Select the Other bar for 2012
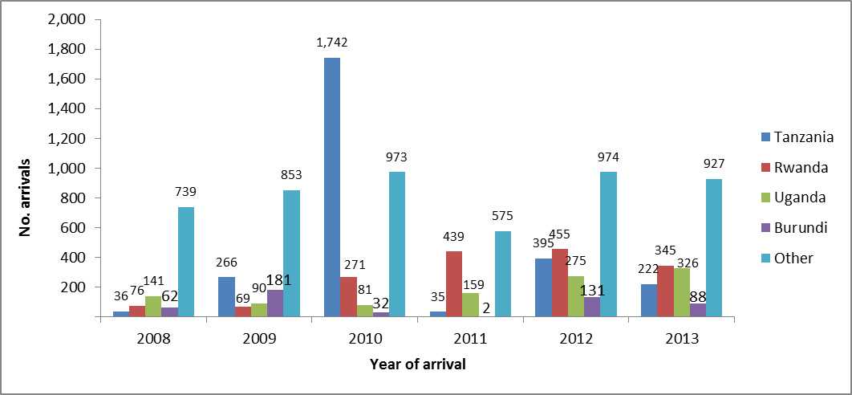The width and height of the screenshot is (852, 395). pyautogui.click(x=608, y=244)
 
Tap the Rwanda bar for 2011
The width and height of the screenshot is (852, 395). pyautogui.click(x=453, y=284)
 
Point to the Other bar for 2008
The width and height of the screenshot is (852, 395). pyautogui.click(x=185, y=262)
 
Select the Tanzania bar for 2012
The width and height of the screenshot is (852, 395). pyautogui.click(x=544, y=287)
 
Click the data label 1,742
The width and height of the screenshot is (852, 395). pyautogui.click(x=331, y=43)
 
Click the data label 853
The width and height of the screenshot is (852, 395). pyautogui.click(x=290, y=174)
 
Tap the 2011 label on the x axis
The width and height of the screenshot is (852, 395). pyautogui.click(x=470, y=339)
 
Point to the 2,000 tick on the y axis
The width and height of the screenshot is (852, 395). pyautogui.click(x=67, y=19)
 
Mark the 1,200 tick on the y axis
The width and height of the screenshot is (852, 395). pyautogui.click(x=67, y=138)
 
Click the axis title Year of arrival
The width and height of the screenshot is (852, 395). pyautogui.click(x=417, y=364)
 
